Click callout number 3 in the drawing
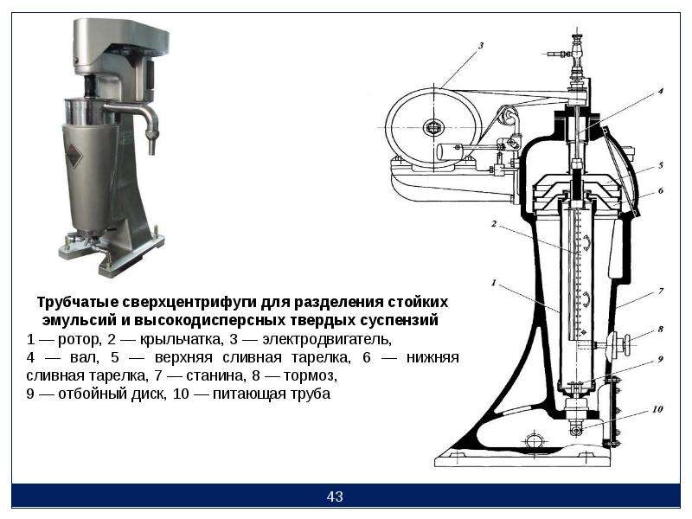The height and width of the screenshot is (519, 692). pos(481,46)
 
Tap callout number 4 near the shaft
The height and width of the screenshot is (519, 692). pos(661,92)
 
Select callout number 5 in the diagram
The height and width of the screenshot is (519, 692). pos(661,165)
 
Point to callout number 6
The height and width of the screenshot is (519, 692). pos(661,190)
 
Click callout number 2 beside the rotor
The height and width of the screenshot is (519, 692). pos(494,224)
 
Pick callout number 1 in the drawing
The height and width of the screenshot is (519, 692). pos(494,283)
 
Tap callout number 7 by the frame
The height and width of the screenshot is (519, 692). pos(661,292)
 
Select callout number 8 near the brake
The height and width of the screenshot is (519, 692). pos(661,330)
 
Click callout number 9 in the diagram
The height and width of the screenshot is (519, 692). pos(661,359)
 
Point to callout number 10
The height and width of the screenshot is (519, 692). pos(657,409)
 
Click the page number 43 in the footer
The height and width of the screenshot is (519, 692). pos(335,497)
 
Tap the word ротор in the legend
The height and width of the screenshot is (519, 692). pos(79,340)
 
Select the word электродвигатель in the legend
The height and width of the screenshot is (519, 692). pos(327,340)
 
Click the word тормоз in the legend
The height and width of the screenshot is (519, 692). pos(311,376)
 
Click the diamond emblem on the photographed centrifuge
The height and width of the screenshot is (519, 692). pos(74,156)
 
